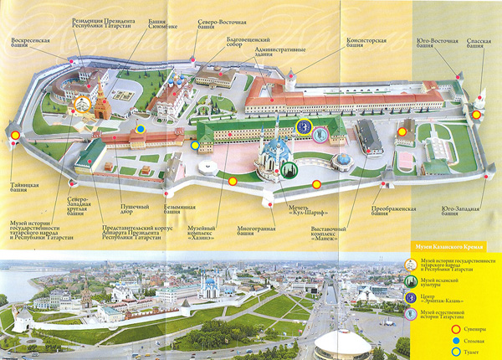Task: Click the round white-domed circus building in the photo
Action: click(x=342, y=343)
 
